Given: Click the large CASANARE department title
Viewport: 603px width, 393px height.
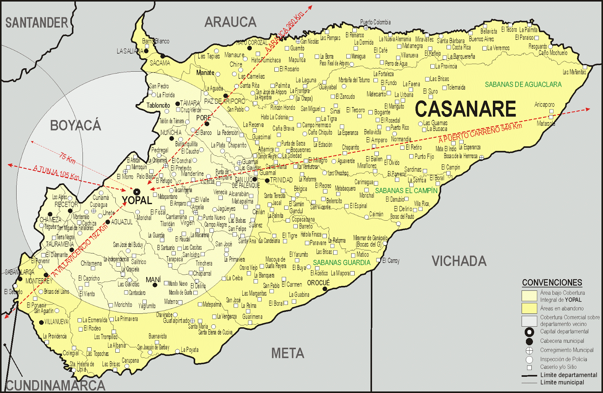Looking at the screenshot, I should tap(465, 109).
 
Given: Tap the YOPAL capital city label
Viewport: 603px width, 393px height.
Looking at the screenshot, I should tap(137, 200).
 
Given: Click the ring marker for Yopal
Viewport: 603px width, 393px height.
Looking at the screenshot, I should tap(137, 192).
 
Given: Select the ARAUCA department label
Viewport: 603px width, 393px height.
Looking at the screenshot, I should tap(230, 22).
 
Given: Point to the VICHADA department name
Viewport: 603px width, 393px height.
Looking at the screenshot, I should tap(459, 261).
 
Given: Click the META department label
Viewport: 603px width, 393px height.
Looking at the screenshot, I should tap(288, 353).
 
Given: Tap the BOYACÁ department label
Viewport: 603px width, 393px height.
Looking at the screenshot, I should tap(75, 125).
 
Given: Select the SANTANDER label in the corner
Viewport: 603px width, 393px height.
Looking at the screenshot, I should tap(37, 23).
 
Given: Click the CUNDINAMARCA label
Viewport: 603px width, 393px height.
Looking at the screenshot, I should tap(55, 385).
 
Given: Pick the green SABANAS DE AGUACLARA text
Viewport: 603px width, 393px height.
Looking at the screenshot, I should tap(523, 84).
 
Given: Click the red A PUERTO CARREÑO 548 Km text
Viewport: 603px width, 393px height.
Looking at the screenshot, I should tap(480, 133).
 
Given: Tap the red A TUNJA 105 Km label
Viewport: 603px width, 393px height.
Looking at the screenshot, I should tap(56, 173).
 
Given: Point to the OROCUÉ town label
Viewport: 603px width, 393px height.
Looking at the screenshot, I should tap(318, 283).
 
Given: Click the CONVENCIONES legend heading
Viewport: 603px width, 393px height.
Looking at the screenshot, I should tap(552, 282).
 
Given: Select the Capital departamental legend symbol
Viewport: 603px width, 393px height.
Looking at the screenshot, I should tap(529, 332).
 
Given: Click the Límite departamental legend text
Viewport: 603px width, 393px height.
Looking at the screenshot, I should tap(569, 375).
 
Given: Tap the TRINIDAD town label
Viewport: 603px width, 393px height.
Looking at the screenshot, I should tap(281, 180).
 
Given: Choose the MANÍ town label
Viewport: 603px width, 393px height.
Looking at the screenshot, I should tap(153, 279).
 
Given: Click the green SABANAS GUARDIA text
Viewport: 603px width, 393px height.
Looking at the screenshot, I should tap(341, 263).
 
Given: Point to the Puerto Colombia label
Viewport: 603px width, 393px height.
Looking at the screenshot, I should tap(375, 22).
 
